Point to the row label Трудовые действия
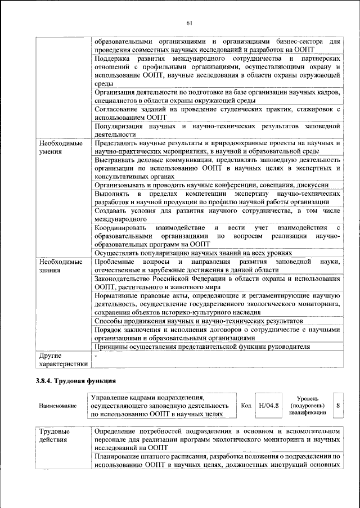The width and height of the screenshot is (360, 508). coord(52,435)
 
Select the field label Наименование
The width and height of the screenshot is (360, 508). coord(57,406)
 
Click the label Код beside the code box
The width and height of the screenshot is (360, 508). coord(246,406)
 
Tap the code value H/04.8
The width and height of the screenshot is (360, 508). coord(268,406)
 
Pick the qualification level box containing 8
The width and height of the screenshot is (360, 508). coord(337,406)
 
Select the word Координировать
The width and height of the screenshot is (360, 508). coord(121,227)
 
